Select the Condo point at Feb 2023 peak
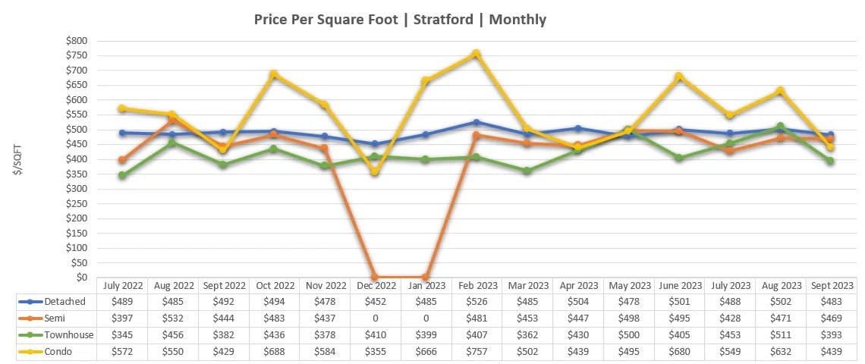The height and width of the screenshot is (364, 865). point(475,54)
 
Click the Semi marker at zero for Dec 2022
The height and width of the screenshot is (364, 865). point(374,277)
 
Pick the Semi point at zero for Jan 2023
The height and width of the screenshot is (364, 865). point(425,277)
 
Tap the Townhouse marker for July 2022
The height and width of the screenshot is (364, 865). point(122,175)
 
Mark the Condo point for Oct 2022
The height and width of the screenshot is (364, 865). point(273,74)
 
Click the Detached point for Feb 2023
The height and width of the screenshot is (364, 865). point(475,122)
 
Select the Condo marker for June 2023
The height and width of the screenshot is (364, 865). point(678,77)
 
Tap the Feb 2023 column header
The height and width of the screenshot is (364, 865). point(476,285)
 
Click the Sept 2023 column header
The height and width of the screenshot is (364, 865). point(829,285)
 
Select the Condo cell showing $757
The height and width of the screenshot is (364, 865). point(476,352)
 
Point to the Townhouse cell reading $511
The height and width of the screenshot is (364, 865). point(779,335)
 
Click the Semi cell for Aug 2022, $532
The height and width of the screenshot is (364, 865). point(173,318)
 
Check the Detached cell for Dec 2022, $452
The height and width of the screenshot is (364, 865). point(376,302)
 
